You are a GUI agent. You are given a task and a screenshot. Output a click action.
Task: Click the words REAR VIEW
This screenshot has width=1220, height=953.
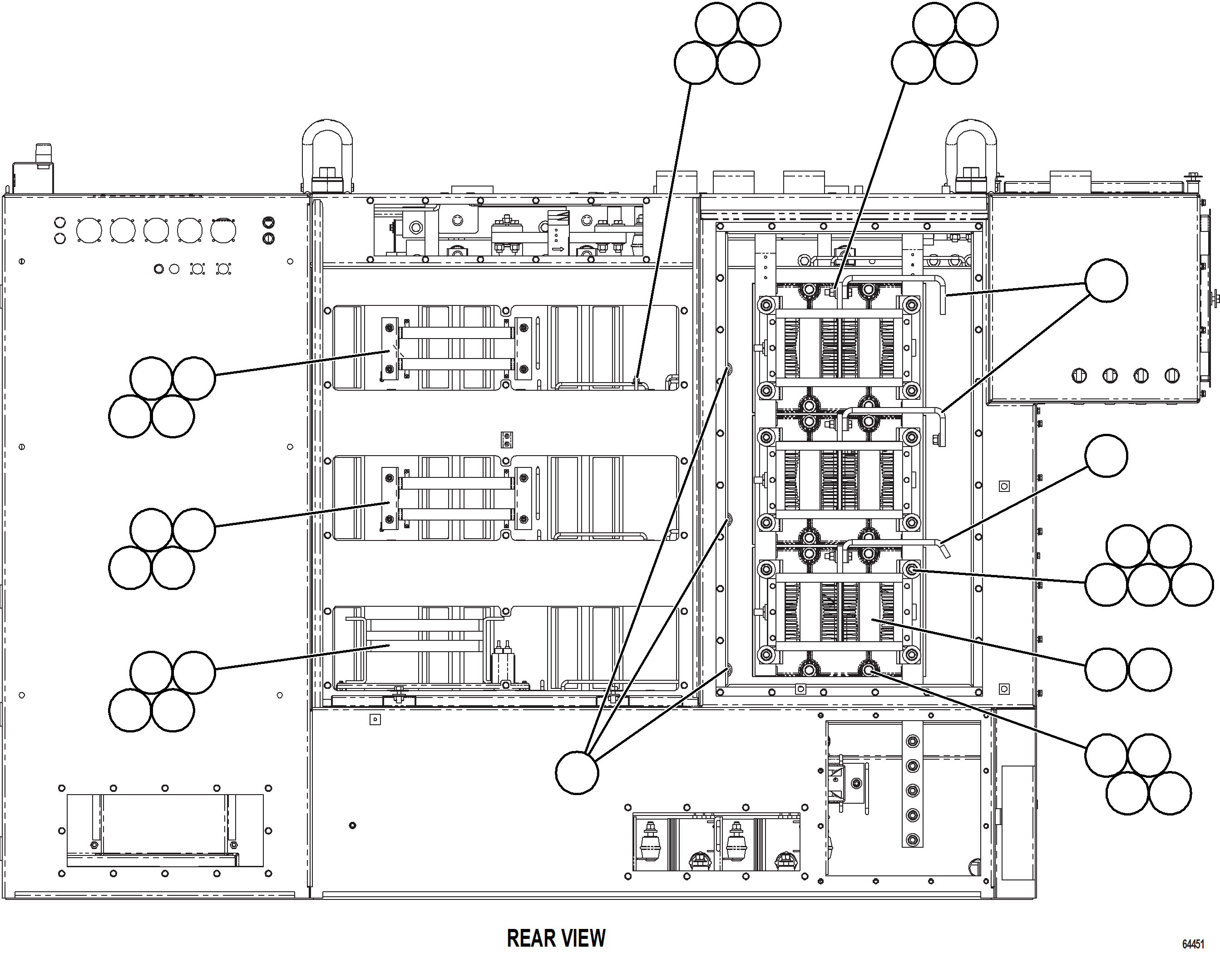(x=556, y=938)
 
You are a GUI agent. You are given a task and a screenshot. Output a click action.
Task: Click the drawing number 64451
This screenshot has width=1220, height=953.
(x=1193, y=944)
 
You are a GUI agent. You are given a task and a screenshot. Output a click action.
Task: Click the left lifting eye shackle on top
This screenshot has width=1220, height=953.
(x=327, y=153)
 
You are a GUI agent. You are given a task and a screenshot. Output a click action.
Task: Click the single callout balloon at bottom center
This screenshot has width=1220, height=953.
(x=577, y=773)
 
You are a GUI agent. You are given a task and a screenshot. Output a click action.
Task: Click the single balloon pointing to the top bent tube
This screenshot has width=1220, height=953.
(x=1106, y=280)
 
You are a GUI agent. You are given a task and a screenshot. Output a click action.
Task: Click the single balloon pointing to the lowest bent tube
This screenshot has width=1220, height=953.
(x=1106, y=456)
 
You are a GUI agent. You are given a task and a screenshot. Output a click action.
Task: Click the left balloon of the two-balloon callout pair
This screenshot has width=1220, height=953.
(x=1106, y=669)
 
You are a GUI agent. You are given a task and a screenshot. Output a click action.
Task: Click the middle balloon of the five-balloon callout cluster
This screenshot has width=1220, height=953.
(x=1149, y=585)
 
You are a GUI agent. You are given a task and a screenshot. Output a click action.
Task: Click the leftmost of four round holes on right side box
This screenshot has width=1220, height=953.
(x=1079, y=376)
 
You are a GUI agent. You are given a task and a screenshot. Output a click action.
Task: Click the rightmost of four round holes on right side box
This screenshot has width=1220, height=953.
(x=1172, y=376)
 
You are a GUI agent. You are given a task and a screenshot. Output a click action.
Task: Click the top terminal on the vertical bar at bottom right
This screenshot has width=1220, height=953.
(x=912, y=741)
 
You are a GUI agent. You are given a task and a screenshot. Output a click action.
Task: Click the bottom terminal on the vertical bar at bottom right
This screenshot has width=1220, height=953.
(x=912, y=839)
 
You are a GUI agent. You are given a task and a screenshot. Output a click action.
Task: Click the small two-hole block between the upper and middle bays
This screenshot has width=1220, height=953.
(x=507, y=440)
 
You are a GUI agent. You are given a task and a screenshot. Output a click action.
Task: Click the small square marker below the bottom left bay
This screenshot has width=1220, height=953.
(x=375, y=720)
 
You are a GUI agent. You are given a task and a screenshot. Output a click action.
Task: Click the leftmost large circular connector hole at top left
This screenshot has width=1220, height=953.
(x=89, y=231)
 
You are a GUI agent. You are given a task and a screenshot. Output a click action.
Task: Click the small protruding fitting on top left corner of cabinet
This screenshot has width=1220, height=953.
(x=43, y=157)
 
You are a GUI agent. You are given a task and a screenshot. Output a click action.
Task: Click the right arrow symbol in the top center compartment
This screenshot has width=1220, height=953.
(x=558, y=250)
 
